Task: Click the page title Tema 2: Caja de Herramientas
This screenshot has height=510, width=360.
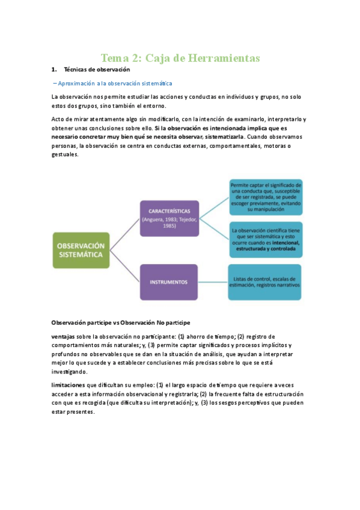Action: tap(180, 58)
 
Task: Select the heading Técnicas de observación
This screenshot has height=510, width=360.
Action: tap(97, 70)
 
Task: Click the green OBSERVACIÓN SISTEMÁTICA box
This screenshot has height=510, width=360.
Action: tap(81, 250)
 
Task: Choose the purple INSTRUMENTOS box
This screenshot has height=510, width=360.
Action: tap(169, 281)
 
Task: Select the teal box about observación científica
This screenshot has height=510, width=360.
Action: tap(266, 239)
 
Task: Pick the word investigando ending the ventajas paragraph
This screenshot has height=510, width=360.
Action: tap(73, 371)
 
